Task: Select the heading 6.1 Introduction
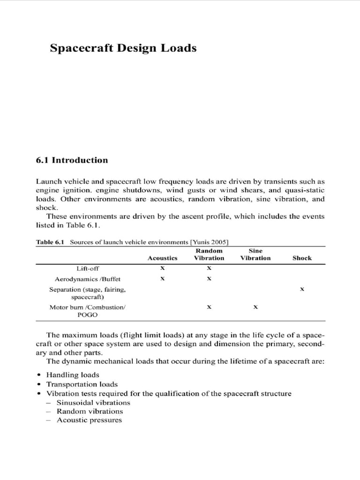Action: [x=72, y=160]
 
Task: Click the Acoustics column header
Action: [x=162, y=258]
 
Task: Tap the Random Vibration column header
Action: [x=209, y=254]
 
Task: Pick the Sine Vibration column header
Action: [x=255, y=254]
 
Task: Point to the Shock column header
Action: [x=302, y=258]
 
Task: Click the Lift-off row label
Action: [x=88, y=268]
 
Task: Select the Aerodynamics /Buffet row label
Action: [x=88, y=278]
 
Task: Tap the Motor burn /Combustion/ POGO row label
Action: [x=88, y=311]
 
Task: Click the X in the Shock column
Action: [x=302, y=290]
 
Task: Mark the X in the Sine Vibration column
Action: [x=255, y=307]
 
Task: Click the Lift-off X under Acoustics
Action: [x=162, y=268]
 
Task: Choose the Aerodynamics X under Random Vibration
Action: [x=209, y=278]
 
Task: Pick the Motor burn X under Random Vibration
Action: [x=209, y=307]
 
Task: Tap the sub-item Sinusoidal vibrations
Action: [x=93, y=402]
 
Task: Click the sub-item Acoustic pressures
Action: [x=89, y=420]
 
